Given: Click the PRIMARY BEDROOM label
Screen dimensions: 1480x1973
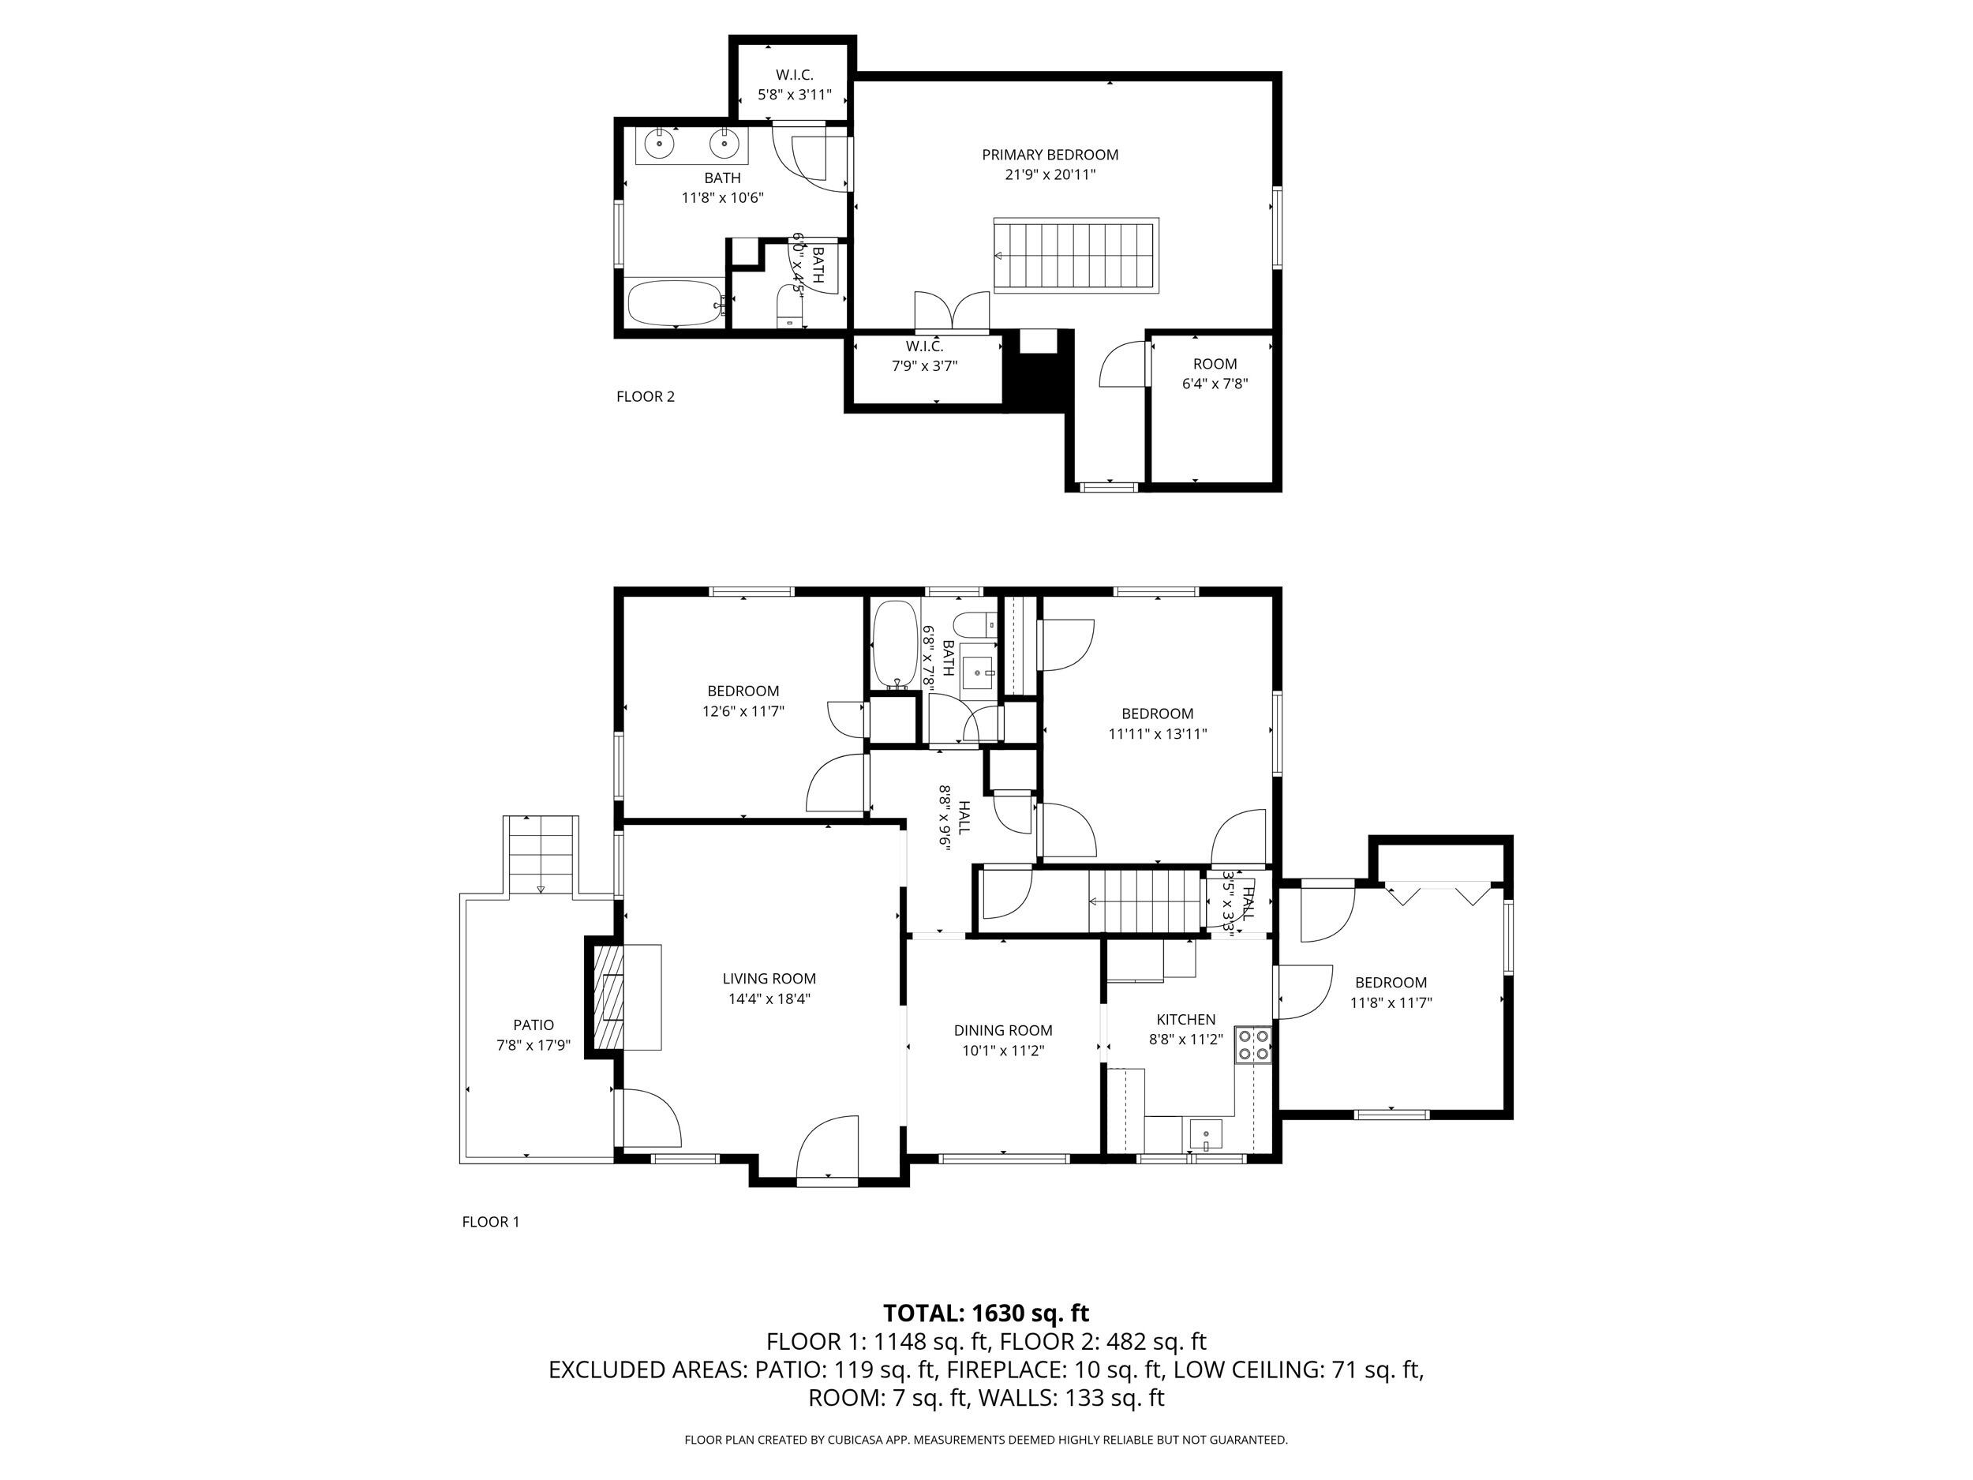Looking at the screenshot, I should tap(1050, 155).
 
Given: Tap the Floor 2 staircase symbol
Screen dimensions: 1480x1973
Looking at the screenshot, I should tap(1076, 255).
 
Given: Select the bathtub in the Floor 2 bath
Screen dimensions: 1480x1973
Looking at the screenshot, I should tap(676, 303).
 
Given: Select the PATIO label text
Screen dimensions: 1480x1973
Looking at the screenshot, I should tap(533, 1025).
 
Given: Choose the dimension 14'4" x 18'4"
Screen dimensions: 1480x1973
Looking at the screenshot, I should tap(769, 999).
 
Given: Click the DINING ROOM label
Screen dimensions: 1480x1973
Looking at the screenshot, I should tap(1002, 1029).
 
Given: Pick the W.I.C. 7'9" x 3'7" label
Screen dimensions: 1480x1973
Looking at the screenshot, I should tap(924, 355).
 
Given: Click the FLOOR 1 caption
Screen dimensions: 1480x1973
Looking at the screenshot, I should tap(489, 1222).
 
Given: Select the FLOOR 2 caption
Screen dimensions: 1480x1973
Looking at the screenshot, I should tap(645, 396).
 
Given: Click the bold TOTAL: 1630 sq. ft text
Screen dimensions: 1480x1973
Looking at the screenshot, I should tap(986, 1313).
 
